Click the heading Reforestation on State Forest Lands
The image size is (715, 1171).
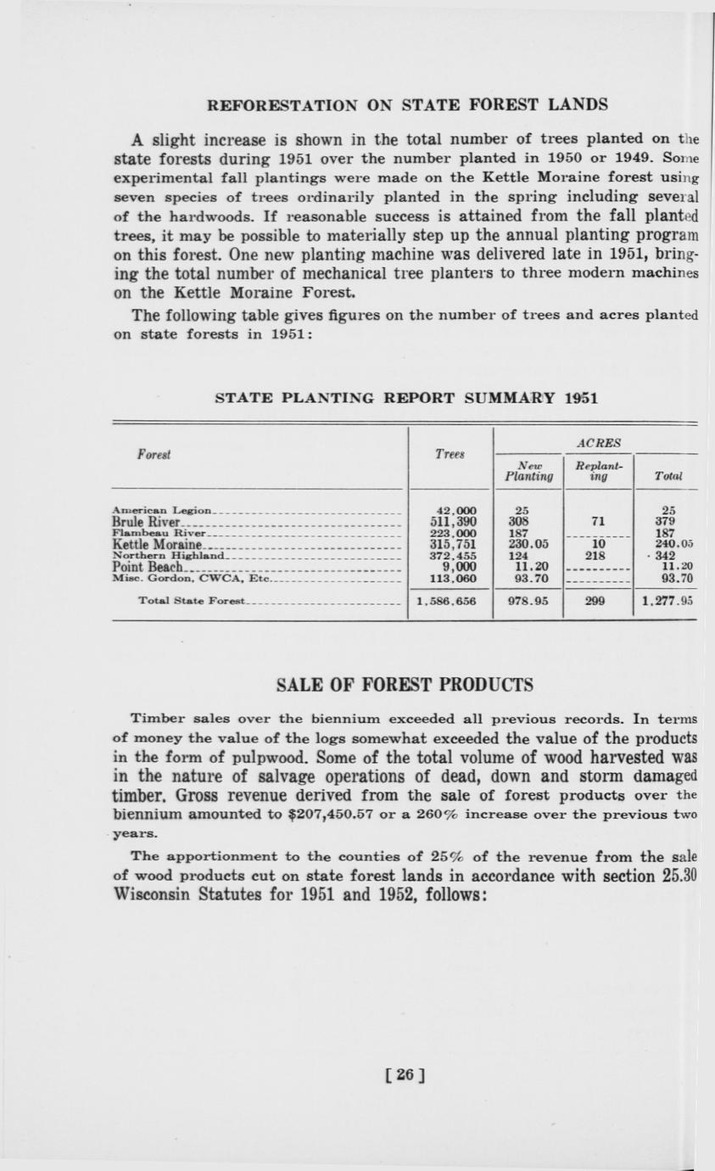coord(407,105)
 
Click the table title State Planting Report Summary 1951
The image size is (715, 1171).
coord(406,397)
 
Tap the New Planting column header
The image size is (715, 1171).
coord(528,472)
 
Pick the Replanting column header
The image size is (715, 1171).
coord(599,472)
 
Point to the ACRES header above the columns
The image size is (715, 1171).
coord(598,442)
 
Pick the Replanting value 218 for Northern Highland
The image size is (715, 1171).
coord(599,556)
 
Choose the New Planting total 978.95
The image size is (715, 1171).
coord(527,601)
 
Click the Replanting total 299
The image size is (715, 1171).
coord(599,601)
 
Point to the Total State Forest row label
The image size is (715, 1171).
coord(191,601)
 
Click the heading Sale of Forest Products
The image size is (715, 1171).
coord(405,685)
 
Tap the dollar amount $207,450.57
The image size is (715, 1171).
coord(323,814)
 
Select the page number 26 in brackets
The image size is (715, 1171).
coord(405,1074)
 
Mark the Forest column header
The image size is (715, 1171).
coord(154,454)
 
